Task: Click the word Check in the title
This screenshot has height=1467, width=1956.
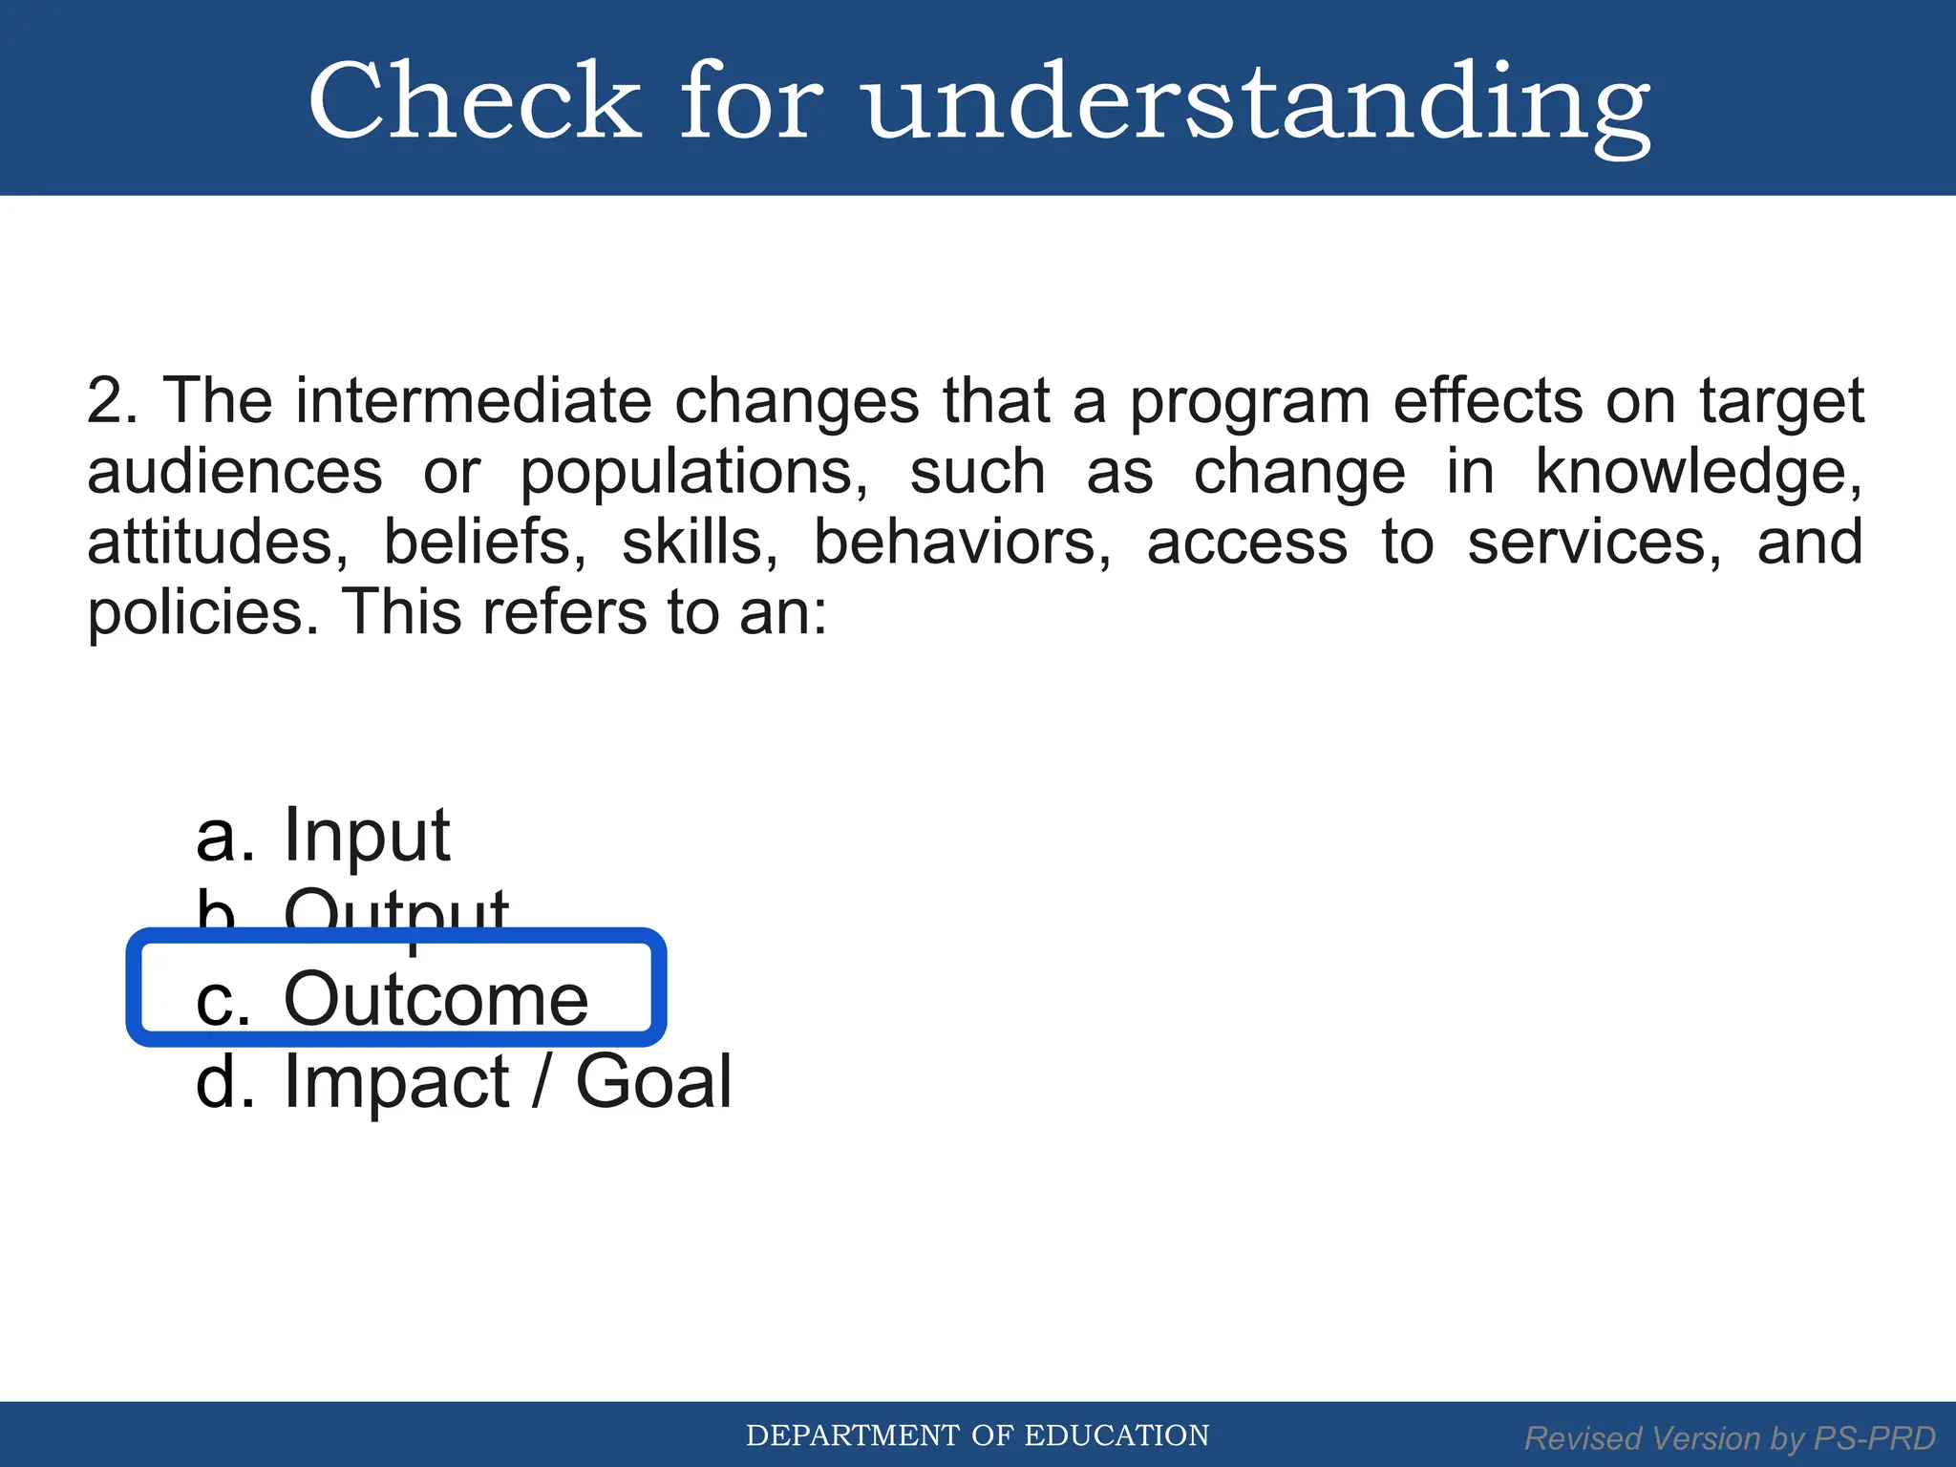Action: (475, 101)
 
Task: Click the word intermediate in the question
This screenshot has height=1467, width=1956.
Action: (473, 400)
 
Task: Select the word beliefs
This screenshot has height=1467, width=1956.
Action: (484, 542)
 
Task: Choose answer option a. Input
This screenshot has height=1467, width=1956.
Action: (323, 836)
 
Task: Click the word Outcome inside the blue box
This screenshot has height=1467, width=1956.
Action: (436, 999)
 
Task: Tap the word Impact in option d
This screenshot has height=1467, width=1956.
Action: (396, 1082)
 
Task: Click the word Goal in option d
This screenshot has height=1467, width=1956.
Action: (653, 1082)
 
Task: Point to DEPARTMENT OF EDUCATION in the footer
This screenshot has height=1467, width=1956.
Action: (977, 1435)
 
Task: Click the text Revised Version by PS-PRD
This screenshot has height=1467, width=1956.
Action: (1729, 1437)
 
